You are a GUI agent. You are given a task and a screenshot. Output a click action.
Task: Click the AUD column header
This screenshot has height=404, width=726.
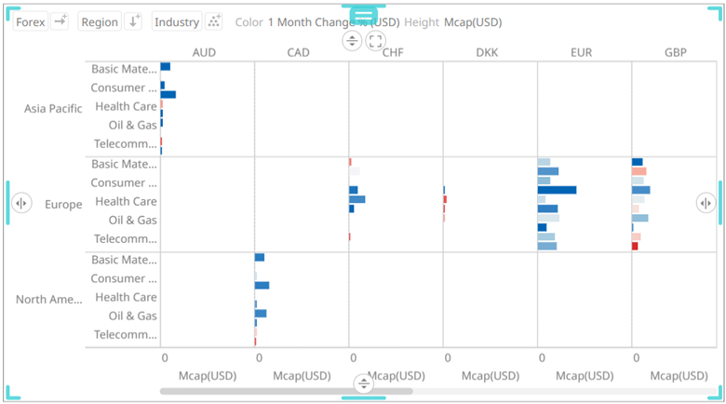(204, 53)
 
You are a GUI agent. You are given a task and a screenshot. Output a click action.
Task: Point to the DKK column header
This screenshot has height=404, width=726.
(487, 53)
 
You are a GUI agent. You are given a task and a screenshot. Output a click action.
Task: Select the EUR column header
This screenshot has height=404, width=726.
(581, 53)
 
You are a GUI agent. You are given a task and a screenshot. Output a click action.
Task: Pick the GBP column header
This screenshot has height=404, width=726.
(675, 53)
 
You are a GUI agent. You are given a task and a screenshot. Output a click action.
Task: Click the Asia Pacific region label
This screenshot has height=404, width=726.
(53, 108)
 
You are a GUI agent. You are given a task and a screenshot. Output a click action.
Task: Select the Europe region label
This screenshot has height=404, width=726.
(63, 204)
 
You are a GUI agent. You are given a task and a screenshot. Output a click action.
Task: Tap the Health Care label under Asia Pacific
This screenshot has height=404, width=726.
(126, 106)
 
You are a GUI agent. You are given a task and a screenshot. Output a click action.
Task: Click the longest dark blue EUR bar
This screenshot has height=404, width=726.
(557, 190)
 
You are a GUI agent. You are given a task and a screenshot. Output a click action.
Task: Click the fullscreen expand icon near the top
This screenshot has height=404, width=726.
(375, 40)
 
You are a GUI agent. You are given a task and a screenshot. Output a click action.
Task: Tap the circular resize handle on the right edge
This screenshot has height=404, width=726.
(706, 203)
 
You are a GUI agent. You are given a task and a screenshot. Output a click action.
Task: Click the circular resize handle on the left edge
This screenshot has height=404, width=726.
(20, 203)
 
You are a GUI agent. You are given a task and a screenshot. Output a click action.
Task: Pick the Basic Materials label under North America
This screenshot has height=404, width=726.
(124, 260)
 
